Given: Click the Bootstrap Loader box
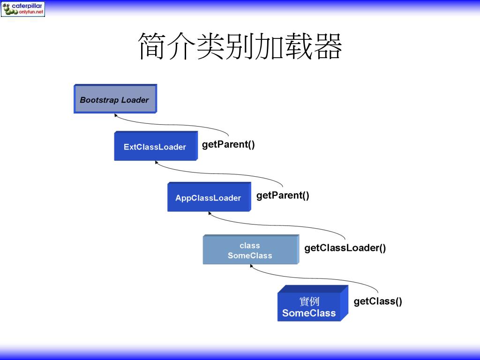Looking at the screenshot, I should click(x=115, y=99).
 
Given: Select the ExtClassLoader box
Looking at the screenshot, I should click(x=155, y=147).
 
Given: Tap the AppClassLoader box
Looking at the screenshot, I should click(x=209, y=197).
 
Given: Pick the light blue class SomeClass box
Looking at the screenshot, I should click(x=250, y=250).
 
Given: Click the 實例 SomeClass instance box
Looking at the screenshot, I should click(x=309, y=307).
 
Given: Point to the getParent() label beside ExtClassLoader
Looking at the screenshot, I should click(x=228, y=144).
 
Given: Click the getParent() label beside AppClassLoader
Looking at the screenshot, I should click(x=283, y=195).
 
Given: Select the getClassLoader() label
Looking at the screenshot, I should click(x=345, y=248).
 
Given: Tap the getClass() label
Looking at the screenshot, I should click(x=378, y=301).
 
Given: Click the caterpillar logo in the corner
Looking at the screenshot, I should click(x=23, y=8).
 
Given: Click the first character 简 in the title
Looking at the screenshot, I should click(x=153, y=46).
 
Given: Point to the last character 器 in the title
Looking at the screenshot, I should click(x=328, y=46).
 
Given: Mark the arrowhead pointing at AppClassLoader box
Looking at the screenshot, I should click(x=210, y=213).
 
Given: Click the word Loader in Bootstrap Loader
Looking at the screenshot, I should click(x=135, y=100).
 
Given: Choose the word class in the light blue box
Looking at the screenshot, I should click(x=249, y=246).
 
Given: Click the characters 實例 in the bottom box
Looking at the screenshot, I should click(x=309, y=301).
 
